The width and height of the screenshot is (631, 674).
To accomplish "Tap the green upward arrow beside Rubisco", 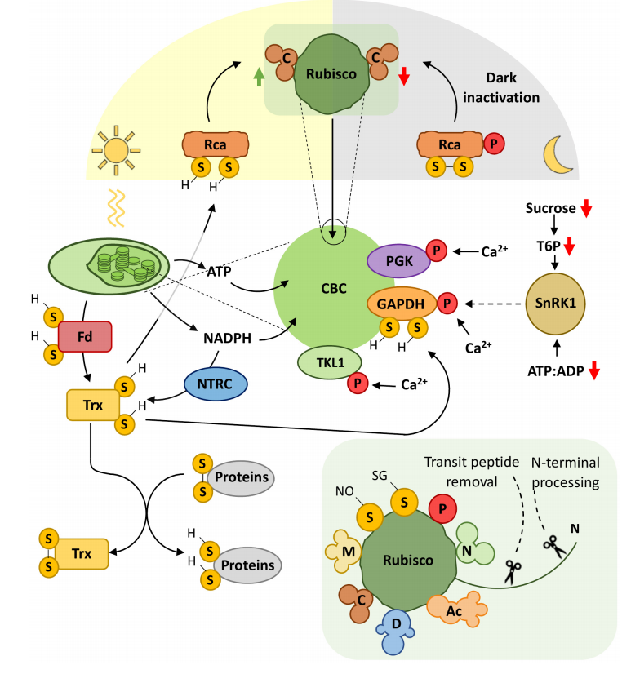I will (259, 78).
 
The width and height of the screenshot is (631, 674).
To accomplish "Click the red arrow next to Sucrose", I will (585, 209).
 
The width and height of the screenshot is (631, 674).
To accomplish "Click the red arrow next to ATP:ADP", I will (594, 370).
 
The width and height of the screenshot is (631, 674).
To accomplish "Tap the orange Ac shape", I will (457, 608).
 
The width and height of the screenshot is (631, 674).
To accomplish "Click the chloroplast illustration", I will (109, 266).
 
